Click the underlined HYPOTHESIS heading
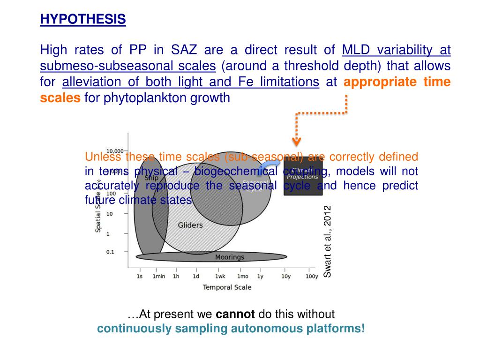(x=82, y=19)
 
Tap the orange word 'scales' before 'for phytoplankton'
(x=60, y=98)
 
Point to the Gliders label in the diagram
(x=190, y=225)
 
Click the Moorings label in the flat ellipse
(x=230, y=257)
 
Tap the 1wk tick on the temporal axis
(x=220, y=277)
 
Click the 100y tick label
(x=312, y=277)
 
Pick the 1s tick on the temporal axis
(x=139, y=277)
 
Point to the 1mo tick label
(x=242, y=277)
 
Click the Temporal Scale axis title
(x=227, y=287)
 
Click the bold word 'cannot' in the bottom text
(x=235, y=314)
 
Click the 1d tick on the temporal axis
(x=196, y=277)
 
